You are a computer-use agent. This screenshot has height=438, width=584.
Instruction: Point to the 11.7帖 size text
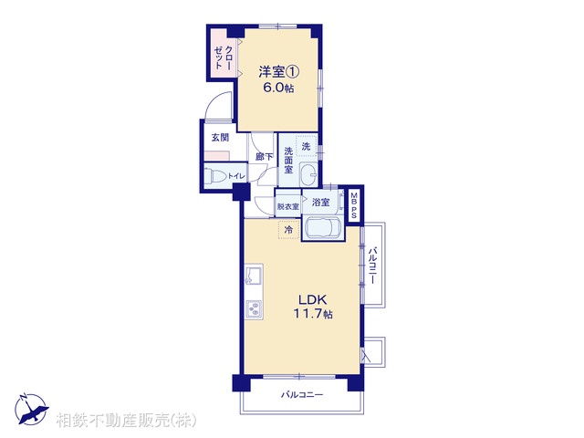click(x=306, y=314)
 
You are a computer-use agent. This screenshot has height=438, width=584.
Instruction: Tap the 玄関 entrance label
click(x=221, y=138)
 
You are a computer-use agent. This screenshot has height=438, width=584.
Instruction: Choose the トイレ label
click(x=235, y=176)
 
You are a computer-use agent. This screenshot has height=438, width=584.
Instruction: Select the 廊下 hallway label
click(x=264, y=156)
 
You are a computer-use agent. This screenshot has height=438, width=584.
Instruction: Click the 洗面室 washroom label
click(x=288, y=160)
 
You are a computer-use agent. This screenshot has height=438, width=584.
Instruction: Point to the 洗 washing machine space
click(x=308, y=147)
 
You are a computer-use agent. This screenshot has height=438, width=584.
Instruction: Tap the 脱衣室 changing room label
click(x=288, y=205)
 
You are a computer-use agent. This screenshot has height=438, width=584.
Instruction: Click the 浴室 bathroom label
click(x=320, y=202)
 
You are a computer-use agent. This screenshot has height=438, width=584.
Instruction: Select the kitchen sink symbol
click(x=253, y=276)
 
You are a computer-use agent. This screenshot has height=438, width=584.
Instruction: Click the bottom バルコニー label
click(x=301, y=395)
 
